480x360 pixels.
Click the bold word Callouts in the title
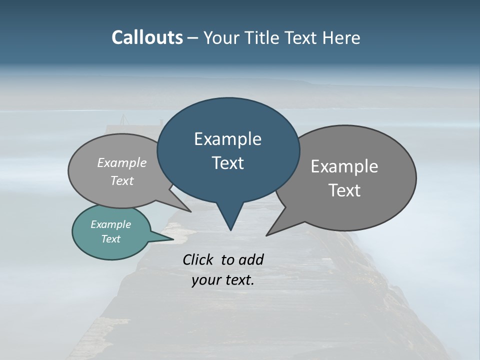click(x=147, y=37)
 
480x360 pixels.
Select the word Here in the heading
click(x=341, y=38)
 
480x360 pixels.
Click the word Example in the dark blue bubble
click(x=227, y=139)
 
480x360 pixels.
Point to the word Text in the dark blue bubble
click(x=227, y=163)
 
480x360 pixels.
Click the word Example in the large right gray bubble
click(x=344, y=166)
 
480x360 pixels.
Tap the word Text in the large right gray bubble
click(x=344, y=190)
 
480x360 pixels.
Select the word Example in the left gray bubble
click(x=122, y=162)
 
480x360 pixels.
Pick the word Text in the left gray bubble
click(x=122, y=180)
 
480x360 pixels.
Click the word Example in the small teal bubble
click(x=111, y=224)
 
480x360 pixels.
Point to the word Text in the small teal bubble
click(x=111, y=239)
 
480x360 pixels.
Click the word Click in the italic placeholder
click(x=199, y=259)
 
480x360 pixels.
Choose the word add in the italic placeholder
click(x=251, y=259)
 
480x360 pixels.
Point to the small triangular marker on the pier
click(x=123, y=120)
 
